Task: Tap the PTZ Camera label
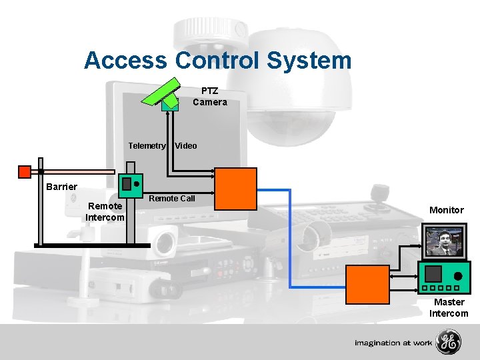pos(210,97)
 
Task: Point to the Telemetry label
pos(147,145)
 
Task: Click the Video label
pos(186,145)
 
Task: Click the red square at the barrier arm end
pos(24,172)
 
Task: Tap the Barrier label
pos(61,187)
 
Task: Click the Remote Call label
pos(172,198)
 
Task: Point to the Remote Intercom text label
pos(105,212)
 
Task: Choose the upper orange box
pos(235,189)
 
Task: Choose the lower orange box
pos(367,284)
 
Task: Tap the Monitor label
pos(446,210)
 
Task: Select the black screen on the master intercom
pos(434,273)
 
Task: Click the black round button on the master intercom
pos(458,275)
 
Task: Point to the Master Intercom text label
pos(449,308)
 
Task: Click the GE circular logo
pos(448,343)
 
